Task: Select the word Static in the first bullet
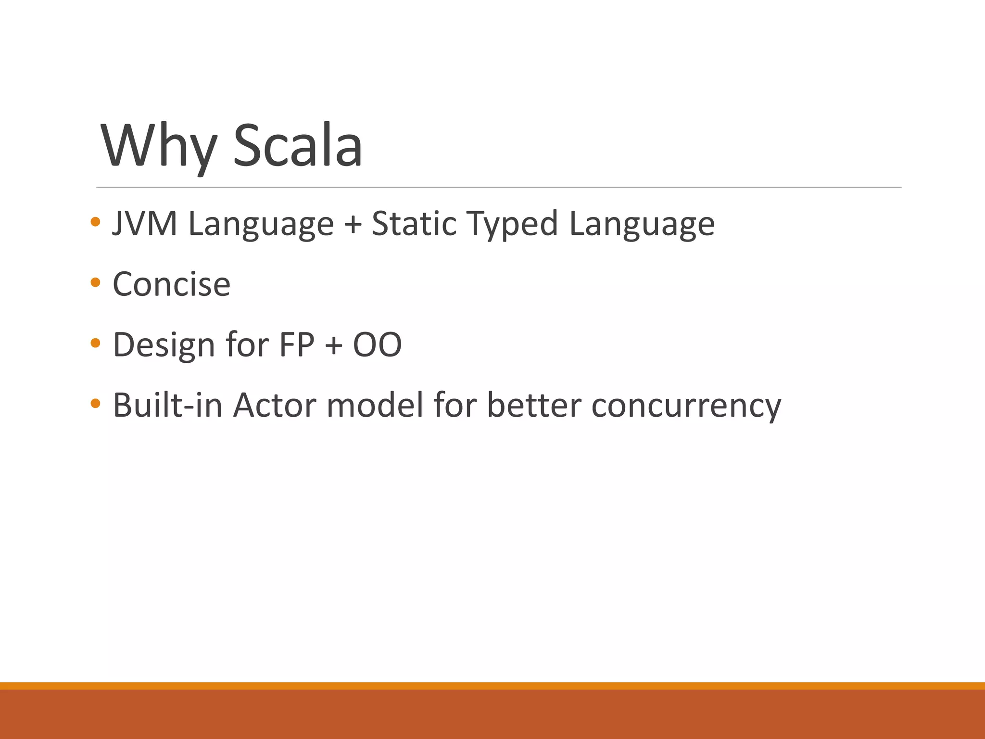[414, 224]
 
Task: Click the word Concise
[171, 284]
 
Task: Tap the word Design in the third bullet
[164, 345]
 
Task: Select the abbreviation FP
[296, 344]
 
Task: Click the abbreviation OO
[377, 344]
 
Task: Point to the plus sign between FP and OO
[334, 345]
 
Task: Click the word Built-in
[167, 405]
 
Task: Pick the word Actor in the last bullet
[275, 405]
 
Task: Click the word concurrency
[686, 406]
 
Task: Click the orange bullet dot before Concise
[95, 282]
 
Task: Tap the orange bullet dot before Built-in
[95, 403]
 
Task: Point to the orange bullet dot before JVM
[95, 222]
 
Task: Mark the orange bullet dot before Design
[95, 343]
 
